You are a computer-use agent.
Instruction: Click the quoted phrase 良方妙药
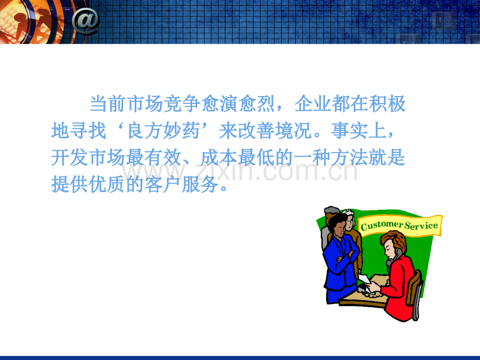click(163, 131)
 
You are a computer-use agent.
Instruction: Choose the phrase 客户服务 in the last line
click(182, 184)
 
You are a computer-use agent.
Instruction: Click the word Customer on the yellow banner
click(381, 225)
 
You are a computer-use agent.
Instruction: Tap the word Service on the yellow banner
click(421, 225)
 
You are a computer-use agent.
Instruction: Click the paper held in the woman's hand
click(365, 280)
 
